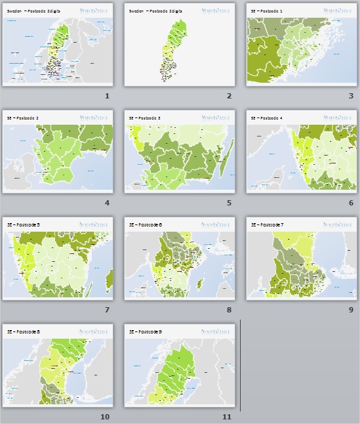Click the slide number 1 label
106,96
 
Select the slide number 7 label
106,310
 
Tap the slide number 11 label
227,417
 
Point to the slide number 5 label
229,203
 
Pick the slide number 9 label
351,310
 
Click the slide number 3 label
351,96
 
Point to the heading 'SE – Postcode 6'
144,225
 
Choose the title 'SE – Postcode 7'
266,225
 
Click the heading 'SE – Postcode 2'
23,118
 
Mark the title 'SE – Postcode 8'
23,332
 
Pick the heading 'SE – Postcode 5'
23,225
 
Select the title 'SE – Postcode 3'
144,118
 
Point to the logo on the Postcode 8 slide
94,332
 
